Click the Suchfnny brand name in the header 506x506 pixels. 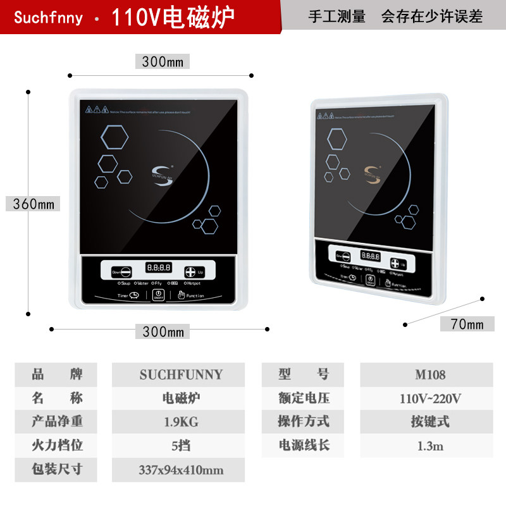pyautogui.click(x=48, y=17)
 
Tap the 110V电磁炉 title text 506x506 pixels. pyautogui.click(x=173, y=18)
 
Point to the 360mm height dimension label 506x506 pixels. pyautogui.click(x=34, y=204)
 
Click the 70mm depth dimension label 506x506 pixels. pyautogui.click(x=467, y=324)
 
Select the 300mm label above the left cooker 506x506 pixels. pyautogui.click(x=162, y=61)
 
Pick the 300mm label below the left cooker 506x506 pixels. pyautogui.click(x=162, y=331)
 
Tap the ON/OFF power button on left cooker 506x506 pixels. pyautogui.click(x=157, y=296)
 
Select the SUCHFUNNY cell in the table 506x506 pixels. pyautogui.click(x=181, y=374)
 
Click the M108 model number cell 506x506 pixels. pyautogui.click(x=430, y=374)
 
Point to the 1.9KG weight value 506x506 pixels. pyautogui.click(x=178, y=422)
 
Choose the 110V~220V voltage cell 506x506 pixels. pyautogui.click(x=430, y=398)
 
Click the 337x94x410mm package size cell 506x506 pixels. pyautogui.click(x=181, y=470)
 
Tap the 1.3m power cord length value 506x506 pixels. pyautogui.click(x=430, y=446)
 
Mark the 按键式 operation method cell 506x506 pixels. pyautogui.click(x=430, y=422)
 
